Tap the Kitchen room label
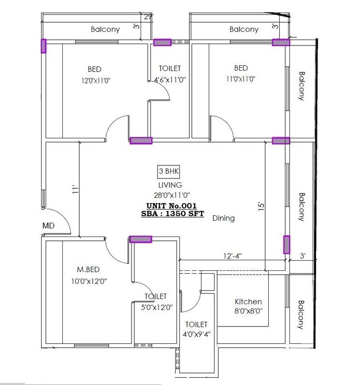click(x=248, y=301)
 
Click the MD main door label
click(x=48, y=225)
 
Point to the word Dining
click(x=223, y=218)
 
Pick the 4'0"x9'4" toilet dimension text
click(x=196, y=333)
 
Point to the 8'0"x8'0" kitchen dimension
click(x=248, y=311)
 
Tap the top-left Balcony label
click(x=105, y=30)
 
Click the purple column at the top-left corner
click(x=43, y=45)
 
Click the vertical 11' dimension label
click(x=74, y=190)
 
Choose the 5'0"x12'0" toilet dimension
click(x=156, y=306)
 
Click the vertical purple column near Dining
click(x=287, y=245)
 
